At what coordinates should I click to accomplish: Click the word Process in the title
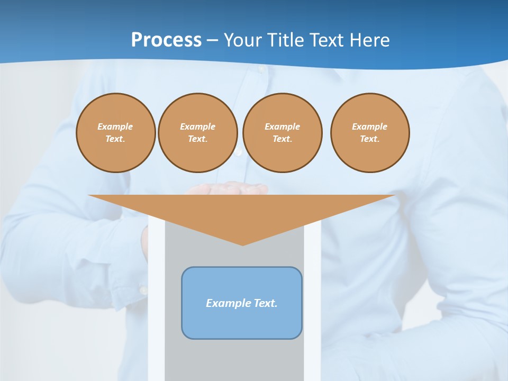coord(166,40)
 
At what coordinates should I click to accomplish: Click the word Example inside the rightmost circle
coord(370,126)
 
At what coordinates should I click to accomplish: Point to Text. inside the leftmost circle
coord(115,139)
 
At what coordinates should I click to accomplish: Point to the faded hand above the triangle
coord(228,188)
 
